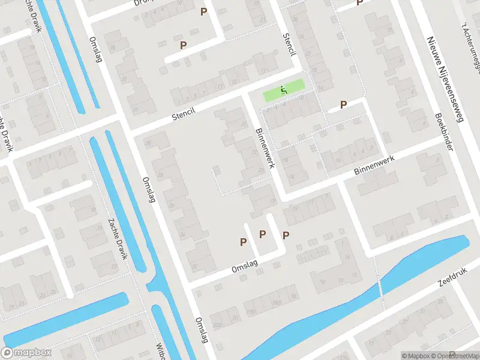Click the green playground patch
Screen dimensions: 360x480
[284, 91]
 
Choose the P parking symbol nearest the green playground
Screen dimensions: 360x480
[344, 104]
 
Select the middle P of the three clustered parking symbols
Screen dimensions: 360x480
[262, 234]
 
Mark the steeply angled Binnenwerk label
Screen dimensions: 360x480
[265, 148]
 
